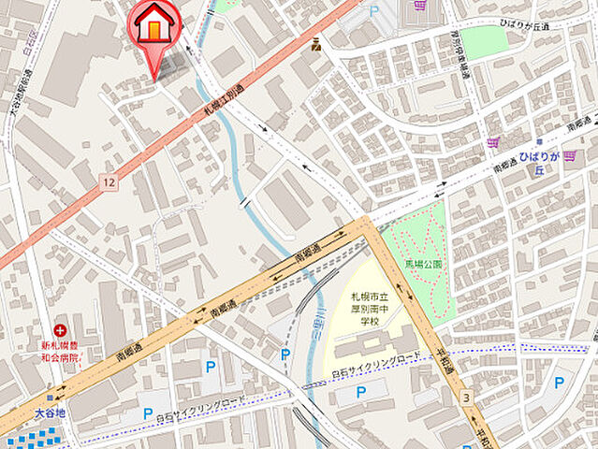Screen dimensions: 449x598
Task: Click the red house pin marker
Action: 155,25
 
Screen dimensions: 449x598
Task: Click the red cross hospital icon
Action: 61,331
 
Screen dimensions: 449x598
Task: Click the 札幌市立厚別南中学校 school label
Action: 367,310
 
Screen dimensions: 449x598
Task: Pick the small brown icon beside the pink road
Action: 318,43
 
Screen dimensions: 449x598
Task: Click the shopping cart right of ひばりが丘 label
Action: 569,154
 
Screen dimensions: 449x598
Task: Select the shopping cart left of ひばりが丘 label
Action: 493,142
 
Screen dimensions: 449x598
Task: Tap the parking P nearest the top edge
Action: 376,11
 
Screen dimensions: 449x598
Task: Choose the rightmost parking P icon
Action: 559,382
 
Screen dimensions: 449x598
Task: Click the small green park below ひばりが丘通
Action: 483,42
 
